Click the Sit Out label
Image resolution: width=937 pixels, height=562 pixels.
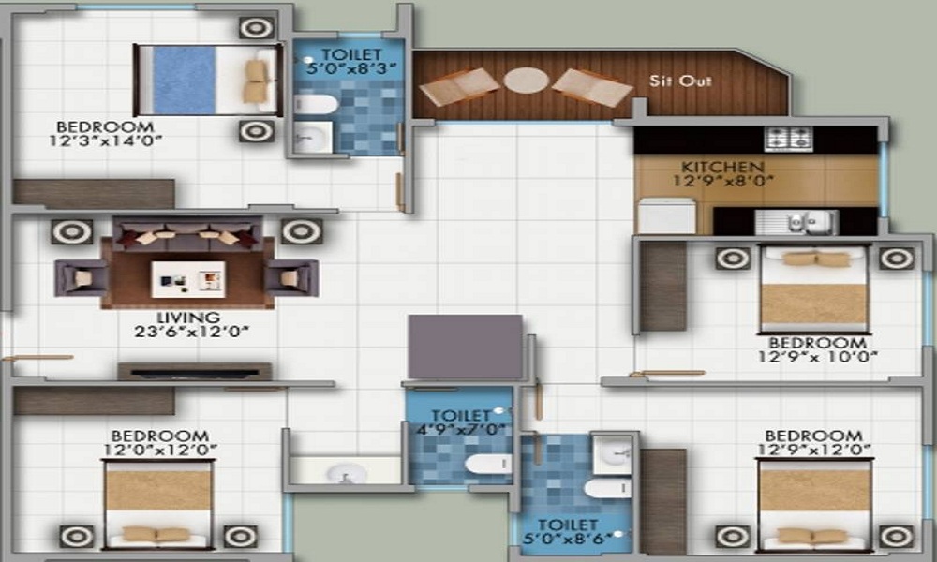click(x=680, y=81)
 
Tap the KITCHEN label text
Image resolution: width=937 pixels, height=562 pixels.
click(x=722, y=167)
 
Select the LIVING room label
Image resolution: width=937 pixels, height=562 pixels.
click(x=188, y=318)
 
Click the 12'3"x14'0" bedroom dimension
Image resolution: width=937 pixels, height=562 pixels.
click(x=106, y=140)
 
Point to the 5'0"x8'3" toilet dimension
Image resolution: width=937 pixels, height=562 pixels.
click(x=351, y=68)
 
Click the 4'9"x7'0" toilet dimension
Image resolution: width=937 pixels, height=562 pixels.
click(x=461, y=429)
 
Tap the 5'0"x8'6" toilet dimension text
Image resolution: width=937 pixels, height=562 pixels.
click(x=568, y=538)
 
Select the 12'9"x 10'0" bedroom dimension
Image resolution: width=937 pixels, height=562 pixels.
click(x=817, y=357)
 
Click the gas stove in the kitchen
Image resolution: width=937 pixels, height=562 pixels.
click(x=788, y=140)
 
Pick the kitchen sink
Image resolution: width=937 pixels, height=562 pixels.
click(x=796, y=222)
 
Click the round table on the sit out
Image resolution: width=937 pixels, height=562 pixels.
click(x=526, y=81)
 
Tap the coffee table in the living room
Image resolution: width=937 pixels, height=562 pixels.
click(x=188, y=279)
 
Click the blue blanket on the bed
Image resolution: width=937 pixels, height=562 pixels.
click(x=184, y=80)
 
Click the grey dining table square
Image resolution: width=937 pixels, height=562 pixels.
click(x=465, y=347)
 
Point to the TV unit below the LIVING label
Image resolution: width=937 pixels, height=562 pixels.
click(x=195, y=372)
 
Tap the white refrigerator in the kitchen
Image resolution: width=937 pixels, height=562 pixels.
click(x=667, y=216)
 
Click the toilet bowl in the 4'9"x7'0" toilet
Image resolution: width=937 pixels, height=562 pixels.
click(x=488, y=464)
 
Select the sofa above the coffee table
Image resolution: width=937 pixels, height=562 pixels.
click(x=187, y=233)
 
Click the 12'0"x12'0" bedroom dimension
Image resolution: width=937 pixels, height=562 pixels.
click(x=160, y=450)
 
